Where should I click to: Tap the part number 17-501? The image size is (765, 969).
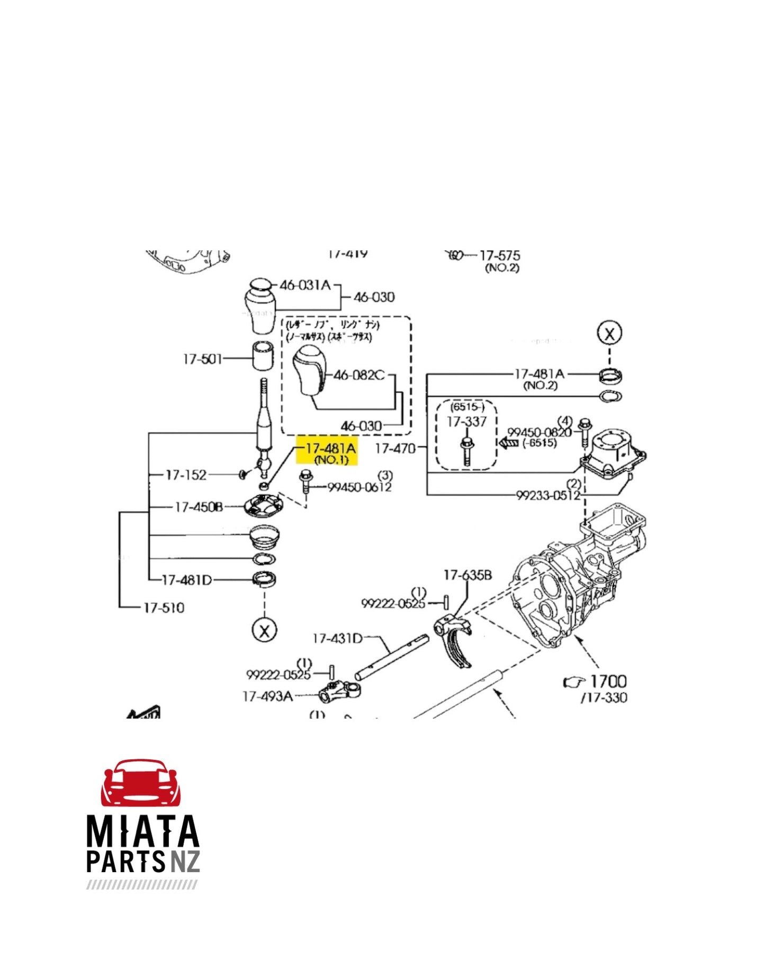pyautogui.click(x=203, y=359)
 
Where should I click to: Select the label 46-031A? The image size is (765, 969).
pyautogui.click(x=305, y=285)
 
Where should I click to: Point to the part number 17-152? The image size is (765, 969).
pyautogui.click(x=186, y=475)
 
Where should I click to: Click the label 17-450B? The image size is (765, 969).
pyautogui.click(x=199, y=507)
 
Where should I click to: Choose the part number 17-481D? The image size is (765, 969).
pyautogui.click(x=186, y=580)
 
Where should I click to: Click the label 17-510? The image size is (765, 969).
pyautogui.click(x=164, y=607)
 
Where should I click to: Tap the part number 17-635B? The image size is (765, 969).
pyautogui.click(x=467, y=575)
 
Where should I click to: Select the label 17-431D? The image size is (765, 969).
pyautogui.click(x=337, y=639)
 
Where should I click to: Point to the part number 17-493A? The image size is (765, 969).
pyautogui.click(x=267, y=696)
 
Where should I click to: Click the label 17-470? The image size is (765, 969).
pyautogui.click(x=395, y=448)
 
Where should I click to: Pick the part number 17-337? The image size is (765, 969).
pyautogui.click(x=466, y=421)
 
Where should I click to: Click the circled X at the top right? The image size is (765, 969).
pyautogui.click(x=609, y=334)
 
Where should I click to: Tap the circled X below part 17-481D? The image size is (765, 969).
pyautogui.click(x=264, y=630)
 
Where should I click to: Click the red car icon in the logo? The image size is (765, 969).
pyautogui.click(x=141, y=783)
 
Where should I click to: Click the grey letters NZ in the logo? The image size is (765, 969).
pyautogui.click(x=185, y=862)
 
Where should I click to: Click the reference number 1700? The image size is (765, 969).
pyautogui.click(x=608, y=681)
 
